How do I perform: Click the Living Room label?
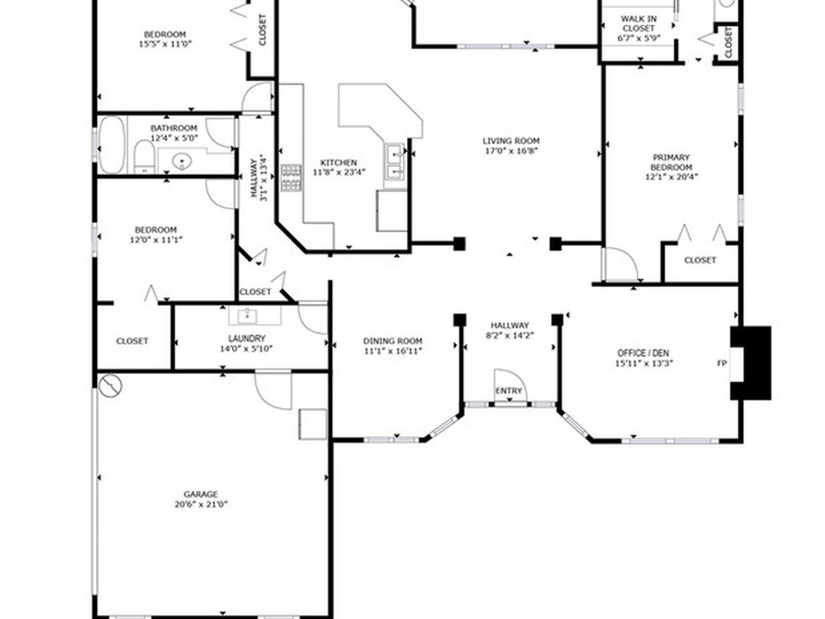[x=511, y=140]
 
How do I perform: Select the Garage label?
[x=200, y=494]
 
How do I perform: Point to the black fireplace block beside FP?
[x=751, y=363]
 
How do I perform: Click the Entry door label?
[x=508, y=391]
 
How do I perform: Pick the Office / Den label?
[x=644, y=353]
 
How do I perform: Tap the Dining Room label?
[x=392, y=341]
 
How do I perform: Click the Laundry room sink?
[x=254, y=314]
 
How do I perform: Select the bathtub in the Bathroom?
[x=112, y=145]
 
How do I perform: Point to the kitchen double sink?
[x=395, y=161]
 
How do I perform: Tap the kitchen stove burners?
[x=291, y=178]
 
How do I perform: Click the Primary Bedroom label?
[x=671, y=162]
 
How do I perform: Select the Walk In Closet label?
[x=637, y=23]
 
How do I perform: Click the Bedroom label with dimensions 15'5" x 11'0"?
[x=164, y=34]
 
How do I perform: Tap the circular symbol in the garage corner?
[x=110, y=387]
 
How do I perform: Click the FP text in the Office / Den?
[x=722, y=363]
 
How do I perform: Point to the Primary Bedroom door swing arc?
[x=620, y=264]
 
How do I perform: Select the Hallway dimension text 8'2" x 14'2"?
[x=508, y=335]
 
